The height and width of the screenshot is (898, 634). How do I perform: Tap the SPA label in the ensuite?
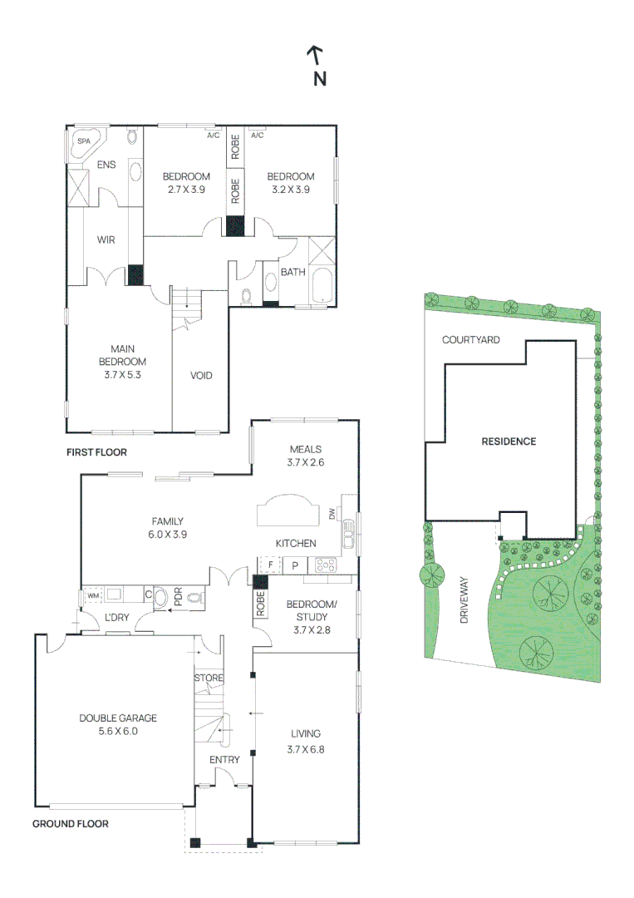[x=84, y=141]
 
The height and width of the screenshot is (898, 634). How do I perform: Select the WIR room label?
[x=106, y=240]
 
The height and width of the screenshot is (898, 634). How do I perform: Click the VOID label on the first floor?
[x=201, y=376]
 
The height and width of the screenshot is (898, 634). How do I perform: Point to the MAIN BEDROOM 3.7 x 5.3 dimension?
[x=122, y=374]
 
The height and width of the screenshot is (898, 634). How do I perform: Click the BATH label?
[x=293, y=272]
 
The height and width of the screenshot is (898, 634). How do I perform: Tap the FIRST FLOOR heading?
[x=96, y=452]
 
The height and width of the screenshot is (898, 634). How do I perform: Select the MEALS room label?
[x=306, y=450]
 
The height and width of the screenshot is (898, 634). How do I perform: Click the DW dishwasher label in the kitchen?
[x=332, y=515]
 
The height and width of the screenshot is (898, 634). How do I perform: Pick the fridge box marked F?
[x=270, y=565]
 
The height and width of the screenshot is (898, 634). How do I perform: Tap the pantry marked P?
[x=295, y=565]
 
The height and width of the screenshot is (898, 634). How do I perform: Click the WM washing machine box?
[x=93, y=595]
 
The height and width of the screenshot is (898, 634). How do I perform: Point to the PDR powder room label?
[x=178, y=596]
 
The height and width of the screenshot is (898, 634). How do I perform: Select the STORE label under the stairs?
[x=209, y=678]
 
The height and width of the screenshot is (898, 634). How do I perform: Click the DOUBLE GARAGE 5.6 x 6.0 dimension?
[x=118, y=732]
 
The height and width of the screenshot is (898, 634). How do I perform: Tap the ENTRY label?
[x=224, y=760]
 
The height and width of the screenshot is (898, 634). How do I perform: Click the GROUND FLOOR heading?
[x=71, y=824]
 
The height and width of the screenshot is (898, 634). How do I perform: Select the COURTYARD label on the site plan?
[x=471, y=339]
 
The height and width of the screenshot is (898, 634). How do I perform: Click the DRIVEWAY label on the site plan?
[x=464, y=599]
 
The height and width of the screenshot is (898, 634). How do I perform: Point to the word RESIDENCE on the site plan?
[x=509, y=442]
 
